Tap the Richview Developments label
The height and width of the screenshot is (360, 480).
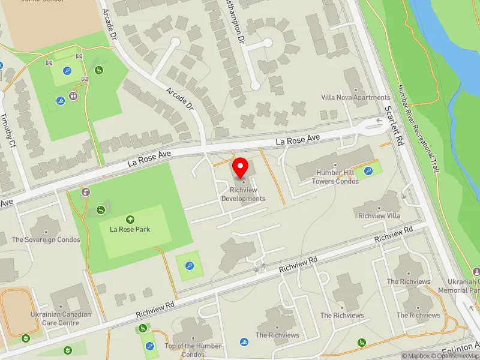(243, 194)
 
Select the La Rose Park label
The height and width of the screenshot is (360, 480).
(130, 229)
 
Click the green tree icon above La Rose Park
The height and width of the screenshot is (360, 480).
(130, 220)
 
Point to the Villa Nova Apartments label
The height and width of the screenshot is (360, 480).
(356, 97)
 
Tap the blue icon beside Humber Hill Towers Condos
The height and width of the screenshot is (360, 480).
(368, 171)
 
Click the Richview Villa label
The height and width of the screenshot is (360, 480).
(377, 215)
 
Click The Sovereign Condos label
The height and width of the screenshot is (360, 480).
(46, 239)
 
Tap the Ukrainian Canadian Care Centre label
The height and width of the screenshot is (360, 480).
(61, 318)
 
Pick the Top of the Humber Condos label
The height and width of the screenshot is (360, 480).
(193, 350)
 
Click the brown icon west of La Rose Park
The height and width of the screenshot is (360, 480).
(87, 192)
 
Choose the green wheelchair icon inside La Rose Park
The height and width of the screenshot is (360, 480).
(101, 209)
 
